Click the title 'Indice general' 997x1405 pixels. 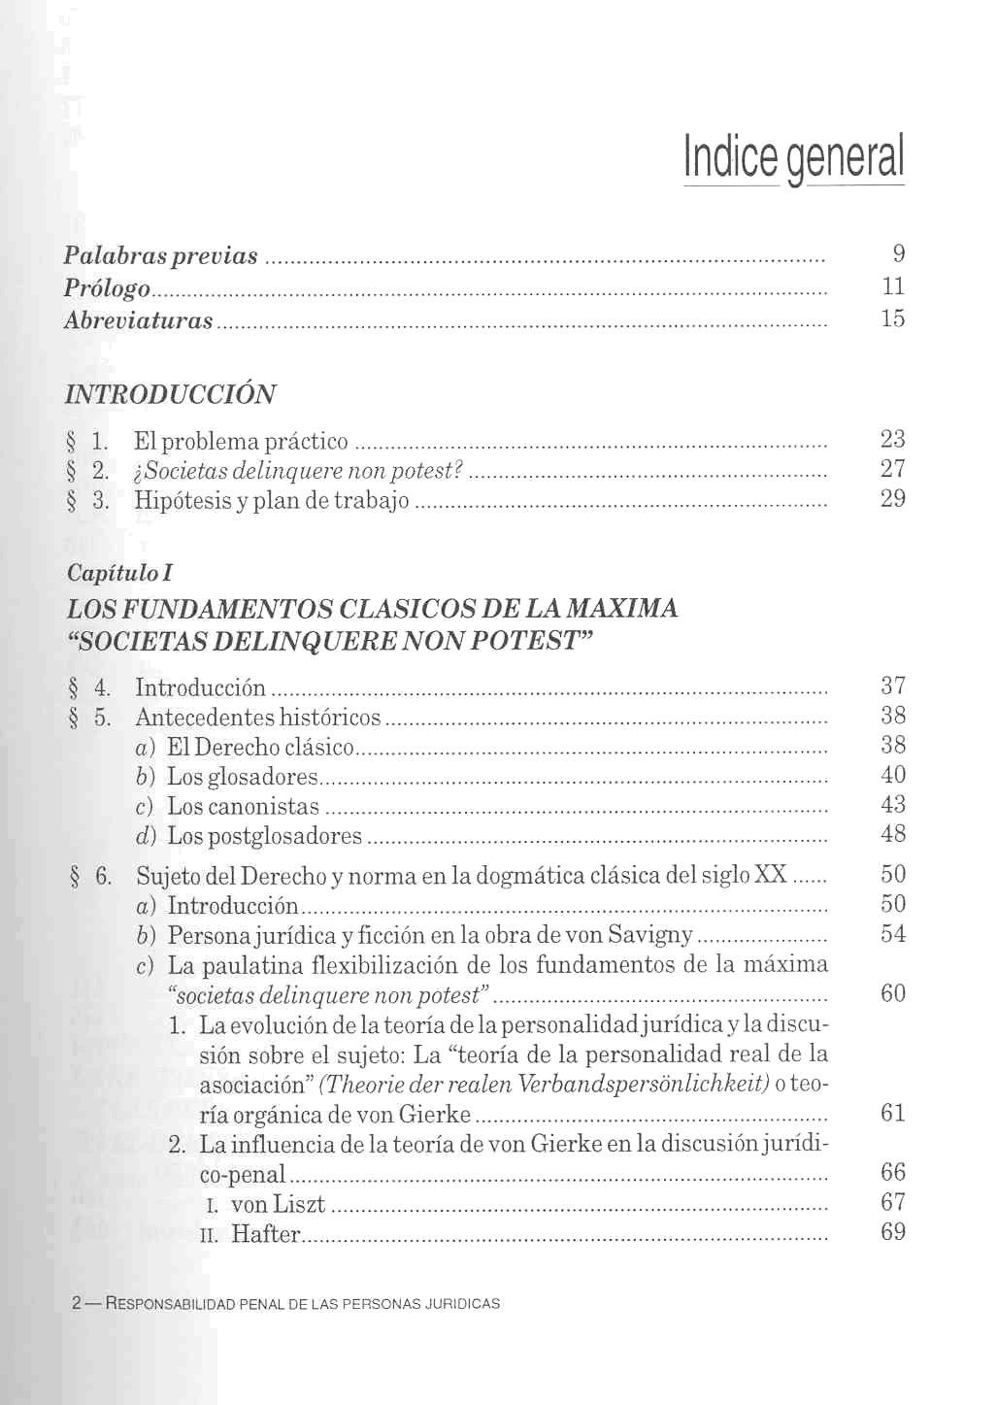tap(794, 157)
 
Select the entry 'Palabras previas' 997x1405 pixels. tap(161, 256)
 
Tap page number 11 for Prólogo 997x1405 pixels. tap(893, 286)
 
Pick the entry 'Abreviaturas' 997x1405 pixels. tap(138, 320)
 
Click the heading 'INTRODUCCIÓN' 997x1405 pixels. tap(170, 395)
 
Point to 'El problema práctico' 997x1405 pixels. tap(241, 442)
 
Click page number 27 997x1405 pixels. tap(893, 469)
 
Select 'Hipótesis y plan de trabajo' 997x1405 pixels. tap(272, 501)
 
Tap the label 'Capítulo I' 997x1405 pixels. tap(119, 573)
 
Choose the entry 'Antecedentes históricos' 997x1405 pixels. tap(258, 718)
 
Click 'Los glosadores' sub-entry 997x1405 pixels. tap(242, 777)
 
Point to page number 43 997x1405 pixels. tap(893, 805)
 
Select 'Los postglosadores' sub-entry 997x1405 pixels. tap(264, 836)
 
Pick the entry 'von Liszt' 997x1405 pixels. tap(278, 1205)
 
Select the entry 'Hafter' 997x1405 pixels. tap(266, 1234)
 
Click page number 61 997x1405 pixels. tap(893, 1113)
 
